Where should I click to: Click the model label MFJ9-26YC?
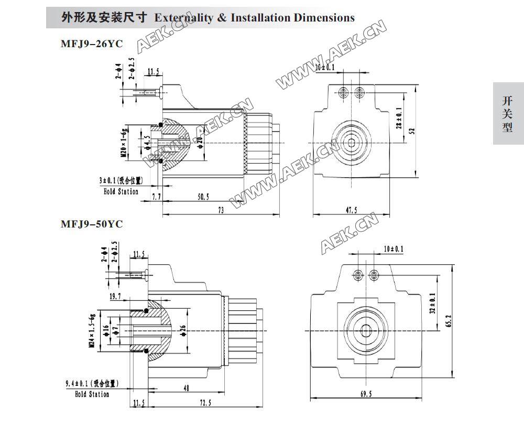point(92,44)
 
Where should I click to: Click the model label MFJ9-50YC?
point(92,224)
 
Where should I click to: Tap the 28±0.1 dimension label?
point(399,118)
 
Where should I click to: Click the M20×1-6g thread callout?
point(124,143)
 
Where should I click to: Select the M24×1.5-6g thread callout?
point(92,329)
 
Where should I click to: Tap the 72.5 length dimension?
point(205,403)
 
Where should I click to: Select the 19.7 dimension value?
point(116,297)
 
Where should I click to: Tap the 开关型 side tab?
point(507,114)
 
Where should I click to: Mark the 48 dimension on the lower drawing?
point(186,388)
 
